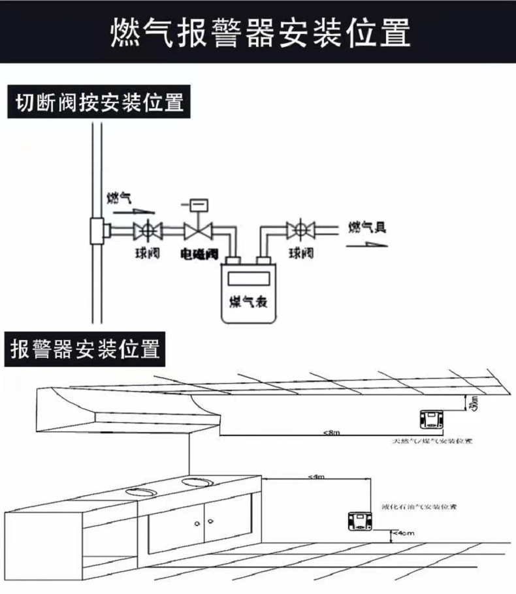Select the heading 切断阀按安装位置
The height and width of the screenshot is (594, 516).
98,102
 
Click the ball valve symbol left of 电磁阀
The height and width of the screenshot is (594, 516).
148,230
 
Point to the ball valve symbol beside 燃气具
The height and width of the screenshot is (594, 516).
300,230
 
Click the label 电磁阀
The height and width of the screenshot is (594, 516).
199,253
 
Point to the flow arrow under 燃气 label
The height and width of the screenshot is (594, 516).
135,211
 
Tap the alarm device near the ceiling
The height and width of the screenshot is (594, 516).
431,418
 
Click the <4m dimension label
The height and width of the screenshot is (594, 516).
315,477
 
